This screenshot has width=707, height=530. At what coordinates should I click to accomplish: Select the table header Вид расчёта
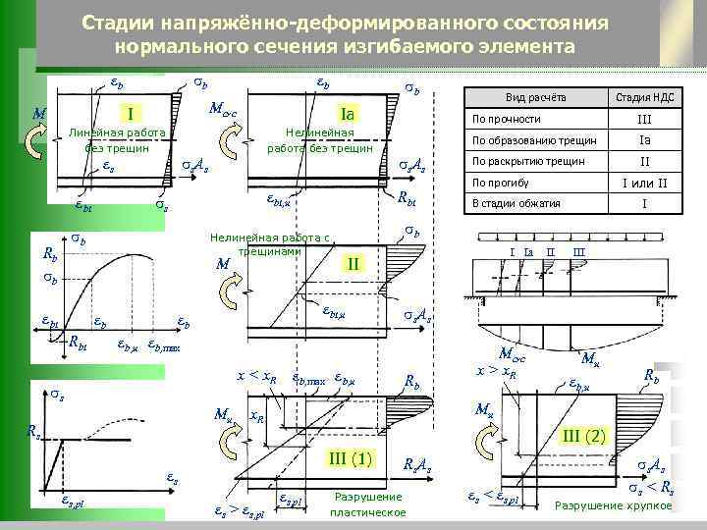[534, 97]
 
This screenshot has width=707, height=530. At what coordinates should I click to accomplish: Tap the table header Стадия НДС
[644, 97]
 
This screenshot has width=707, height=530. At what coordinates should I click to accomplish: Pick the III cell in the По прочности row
[645, 119]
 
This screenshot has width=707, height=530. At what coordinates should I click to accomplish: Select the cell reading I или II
[645, 183]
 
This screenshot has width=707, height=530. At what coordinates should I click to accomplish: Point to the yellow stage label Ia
[346, 112]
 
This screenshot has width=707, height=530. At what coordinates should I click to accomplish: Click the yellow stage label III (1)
[352, 457]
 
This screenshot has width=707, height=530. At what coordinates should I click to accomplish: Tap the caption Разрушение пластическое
[368, 504]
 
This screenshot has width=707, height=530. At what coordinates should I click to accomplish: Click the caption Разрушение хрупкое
[613, 505]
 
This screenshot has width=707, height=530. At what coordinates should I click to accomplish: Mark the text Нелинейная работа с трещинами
[271, 243]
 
